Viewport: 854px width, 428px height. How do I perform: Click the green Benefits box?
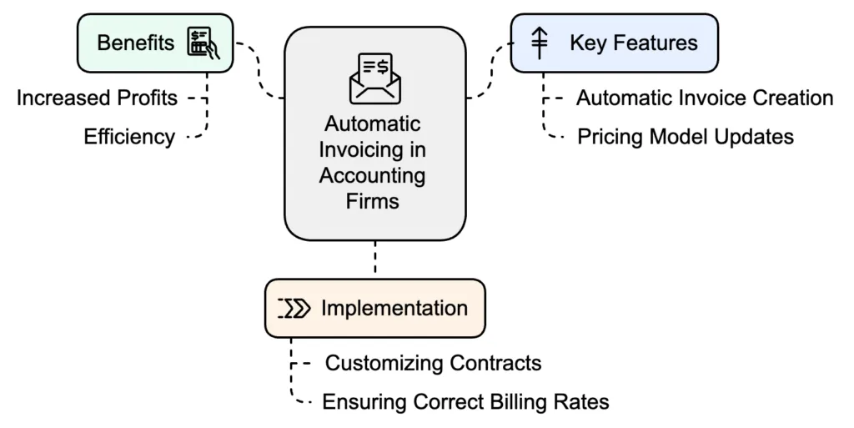tap(155, 42)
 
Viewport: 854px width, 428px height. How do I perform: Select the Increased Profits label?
tap(98, 98)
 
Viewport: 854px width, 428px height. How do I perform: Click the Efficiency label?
tap(129, 137)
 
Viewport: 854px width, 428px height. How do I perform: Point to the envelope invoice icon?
tap(374, 78)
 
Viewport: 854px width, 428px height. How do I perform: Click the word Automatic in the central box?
tap(373, 124)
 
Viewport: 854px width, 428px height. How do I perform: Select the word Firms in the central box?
tap(374, 201)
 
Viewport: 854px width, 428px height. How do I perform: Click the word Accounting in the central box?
tap(374, 176)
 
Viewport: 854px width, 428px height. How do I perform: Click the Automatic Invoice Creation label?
tap(704, 98)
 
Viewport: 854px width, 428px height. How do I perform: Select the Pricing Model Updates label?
tap(686, 136)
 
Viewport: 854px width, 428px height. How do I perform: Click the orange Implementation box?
tap(374, 308)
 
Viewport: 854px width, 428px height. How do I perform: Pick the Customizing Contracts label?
tap(433, 363)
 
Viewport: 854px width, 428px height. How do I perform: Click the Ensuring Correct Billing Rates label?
tap(465, 402)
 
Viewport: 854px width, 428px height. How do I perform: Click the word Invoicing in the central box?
tap(374, 150)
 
